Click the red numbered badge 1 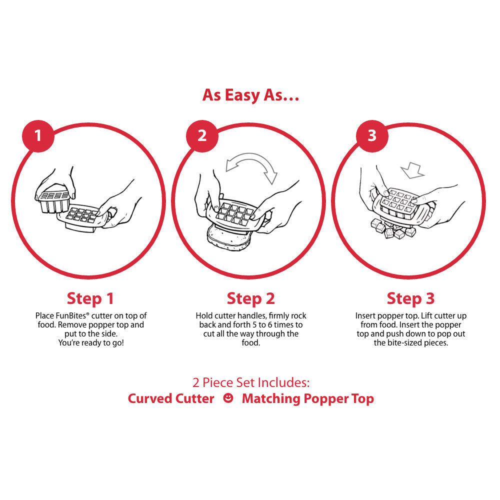(38, 136)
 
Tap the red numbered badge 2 (202, 136)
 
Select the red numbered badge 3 (372, 136)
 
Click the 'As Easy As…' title (250, 95)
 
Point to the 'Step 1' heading (90, 298)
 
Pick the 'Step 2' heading (250, 298)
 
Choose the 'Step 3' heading (410, 298)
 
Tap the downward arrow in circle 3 (413, 170)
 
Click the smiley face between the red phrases (228, 398)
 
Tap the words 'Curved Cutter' (171, 398)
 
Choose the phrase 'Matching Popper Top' (307, 399)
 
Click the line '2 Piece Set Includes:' (250, 382)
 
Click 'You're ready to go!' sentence (91, 343)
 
